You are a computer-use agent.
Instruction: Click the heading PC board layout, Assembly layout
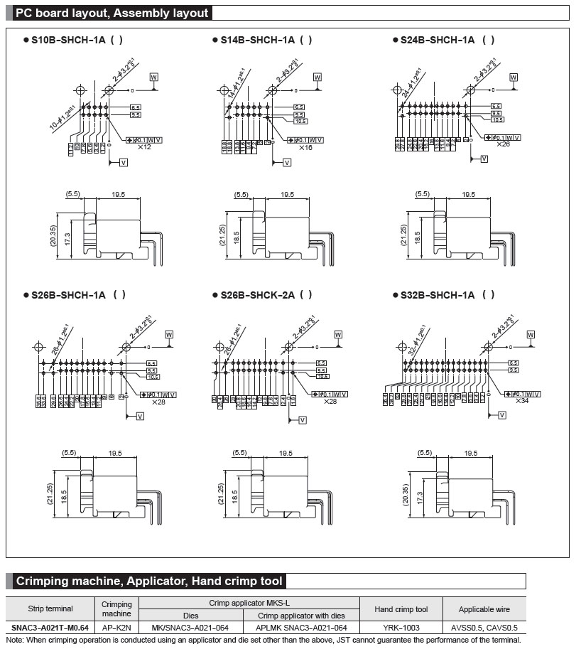[112, 13]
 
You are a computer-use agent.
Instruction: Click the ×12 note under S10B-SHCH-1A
[144, 147]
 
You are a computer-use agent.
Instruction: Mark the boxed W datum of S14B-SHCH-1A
[317, 76]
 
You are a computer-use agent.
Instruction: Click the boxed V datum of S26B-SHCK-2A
[303, 421]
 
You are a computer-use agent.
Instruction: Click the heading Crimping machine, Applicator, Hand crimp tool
[150, 581]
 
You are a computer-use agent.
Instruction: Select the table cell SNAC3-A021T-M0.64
[50, 628]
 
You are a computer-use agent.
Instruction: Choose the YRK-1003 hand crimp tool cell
[401, 628]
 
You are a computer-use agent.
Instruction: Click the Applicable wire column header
[484, 609]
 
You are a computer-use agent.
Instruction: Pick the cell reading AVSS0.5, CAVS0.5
[484, 628]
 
